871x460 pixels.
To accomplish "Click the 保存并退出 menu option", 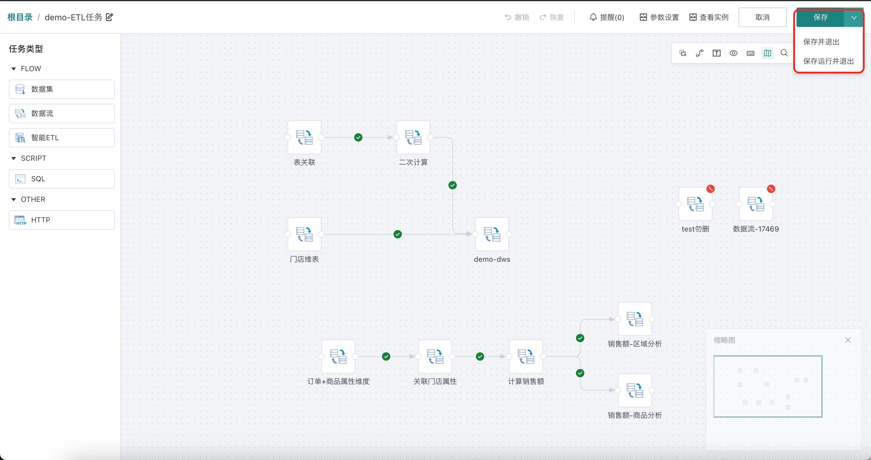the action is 821,42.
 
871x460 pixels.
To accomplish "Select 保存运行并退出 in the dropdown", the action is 828,61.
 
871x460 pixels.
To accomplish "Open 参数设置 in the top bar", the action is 659,17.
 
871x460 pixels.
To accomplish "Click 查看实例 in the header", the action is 709,17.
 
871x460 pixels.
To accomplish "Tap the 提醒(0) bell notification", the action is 607,17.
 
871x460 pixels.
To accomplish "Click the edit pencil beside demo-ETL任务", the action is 110,17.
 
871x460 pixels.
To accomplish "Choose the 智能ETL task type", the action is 61,138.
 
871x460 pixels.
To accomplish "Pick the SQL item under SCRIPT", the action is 61,179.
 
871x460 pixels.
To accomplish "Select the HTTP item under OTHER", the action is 61,220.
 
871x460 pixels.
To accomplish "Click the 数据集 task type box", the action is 61,89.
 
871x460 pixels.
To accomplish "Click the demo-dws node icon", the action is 492,234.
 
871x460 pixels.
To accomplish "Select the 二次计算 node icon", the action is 413,138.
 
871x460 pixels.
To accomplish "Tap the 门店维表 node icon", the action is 304,234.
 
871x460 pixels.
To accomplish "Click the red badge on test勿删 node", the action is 710,189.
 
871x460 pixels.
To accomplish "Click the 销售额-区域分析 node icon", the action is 635,319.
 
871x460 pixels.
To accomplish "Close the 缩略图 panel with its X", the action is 848,340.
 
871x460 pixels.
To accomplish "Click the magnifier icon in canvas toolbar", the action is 784,53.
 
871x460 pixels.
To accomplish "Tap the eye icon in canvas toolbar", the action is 733,53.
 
